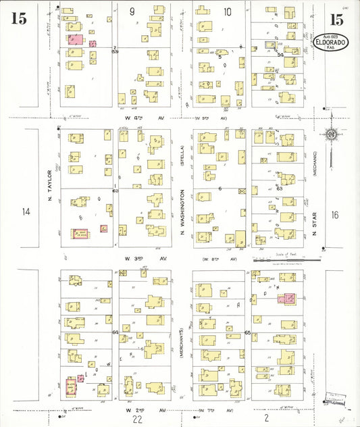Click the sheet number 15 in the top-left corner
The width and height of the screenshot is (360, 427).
click(x=18, y=18)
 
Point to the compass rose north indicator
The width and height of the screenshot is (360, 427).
click(x=331, y=135)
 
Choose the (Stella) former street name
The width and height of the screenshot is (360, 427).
click(x=182, y=154)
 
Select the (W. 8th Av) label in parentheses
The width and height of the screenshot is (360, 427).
click(x=223, y=259)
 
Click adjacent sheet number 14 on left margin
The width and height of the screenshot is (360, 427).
click(x=26, y=212)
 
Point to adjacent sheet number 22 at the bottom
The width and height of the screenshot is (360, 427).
click(x=138, y=420)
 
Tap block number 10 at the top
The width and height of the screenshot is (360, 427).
click(x=228, y=11)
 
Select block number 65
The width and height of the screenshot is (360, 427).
click(x=247, y=333)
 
